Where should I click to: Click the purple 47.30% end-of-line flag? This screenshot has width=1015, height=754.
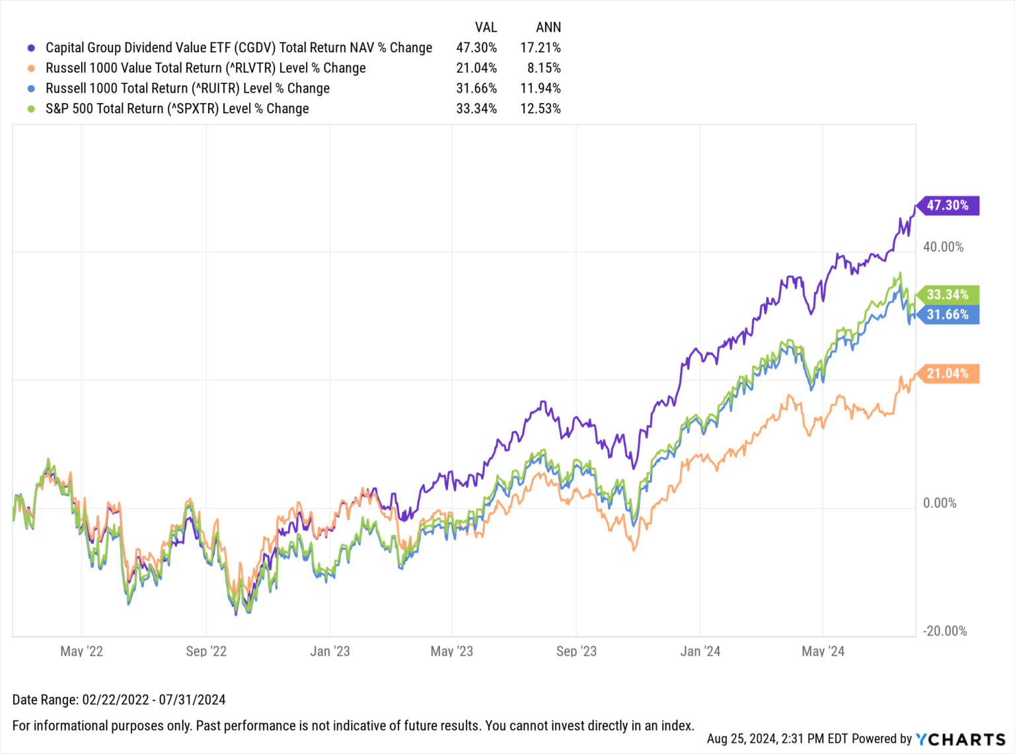tap(948, 206)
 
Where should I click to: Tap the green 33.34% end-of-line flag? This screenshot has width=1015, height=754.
tap(948, 295)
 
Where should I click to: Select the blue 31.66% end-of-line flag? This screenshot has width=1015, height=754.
tap(948, 315)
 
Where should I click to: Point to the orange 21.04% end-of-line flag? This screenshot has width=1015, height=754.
tap(948, 374)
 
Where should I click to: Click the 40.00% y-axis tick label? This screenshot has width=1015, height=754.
tap(943, 247)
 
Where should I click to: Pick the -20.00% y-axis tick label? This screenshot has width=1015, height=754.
tap(944, 631)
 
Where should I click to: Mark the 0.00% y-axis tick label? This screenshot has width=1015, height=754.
tap(940, 503)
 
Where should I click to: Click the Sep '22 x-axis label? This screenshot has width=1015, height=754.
tap(206, 651)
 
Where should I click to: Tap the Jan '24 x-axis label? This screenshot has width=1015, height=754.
tap(700, 651)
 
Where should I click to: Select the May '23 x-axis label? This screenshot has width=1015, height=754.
tap(452, 651)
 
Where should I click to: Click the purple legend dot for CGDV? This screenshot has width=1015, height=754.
tap(31, 48)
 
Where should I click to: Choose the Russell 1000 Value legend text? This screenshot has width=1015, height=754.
tap(206, 68)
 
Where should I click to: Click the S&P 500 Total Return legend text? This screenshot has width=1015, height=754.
tap(177, 108)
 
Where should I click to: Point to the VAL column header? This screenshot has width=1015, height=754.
tap(486, 27)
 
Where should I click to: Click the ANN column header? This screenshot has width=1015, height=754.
tap(548, 27)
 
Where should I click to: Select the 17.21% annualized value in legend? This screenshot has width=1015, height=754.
tap(541, 48)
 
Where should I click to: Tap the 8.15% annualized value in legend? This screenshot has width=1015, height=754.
tap(544, 68)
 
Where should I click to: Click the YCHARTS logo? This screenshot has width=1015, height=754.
tap(961, 739)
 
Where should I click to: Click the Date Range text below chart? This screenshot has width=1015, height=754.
tap(119, 700)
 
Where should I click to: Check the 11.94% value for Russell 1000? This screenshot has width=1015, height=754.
tap(541, 89)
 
